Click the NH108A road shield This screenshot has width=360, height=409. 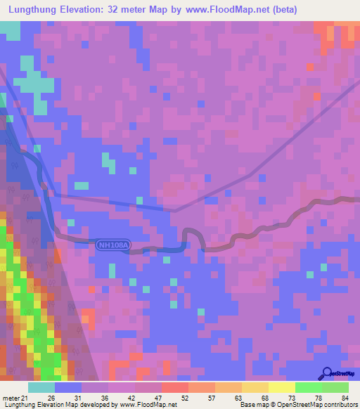pyautogui.click(x=113, y=245)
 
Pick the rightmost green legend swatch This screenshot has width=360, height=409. pyautogui.click(x=335, y=387)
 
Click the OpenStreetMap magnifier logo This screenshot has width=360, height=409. pyautogui.click(x=328, y=373)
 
